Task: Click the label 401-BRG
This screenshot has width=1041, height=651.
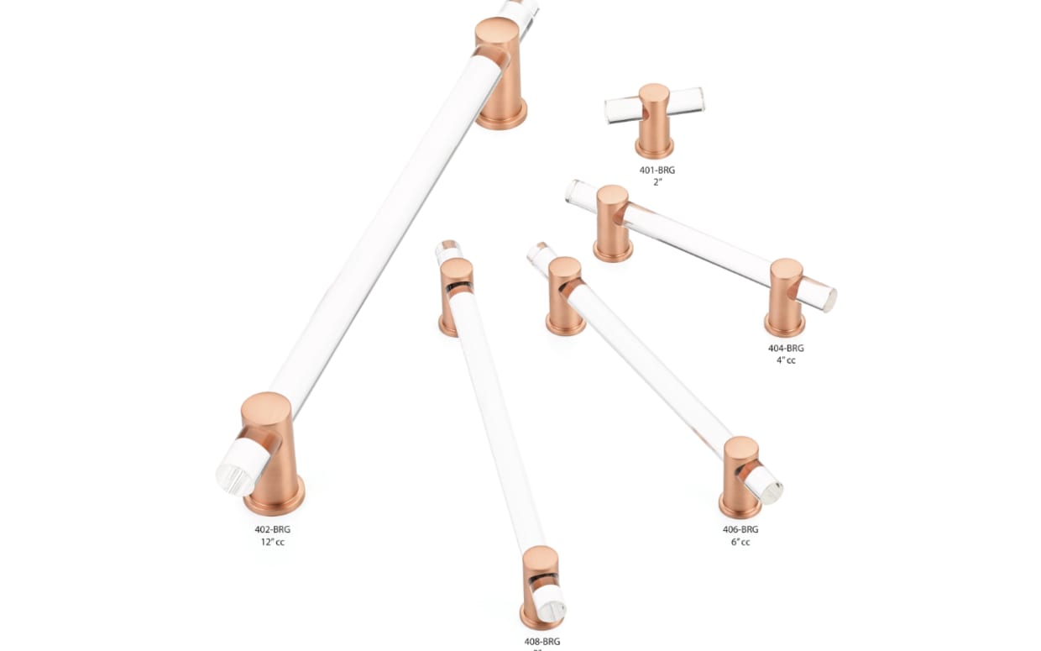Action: pyautogui.click(x=657, y=170)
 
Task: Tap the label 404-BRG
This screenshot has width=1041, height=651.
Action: pyautogui.click(x=785, y=348)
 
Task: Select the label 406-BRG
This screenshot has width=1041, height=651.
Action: pyautogui.click(x=740, y=529)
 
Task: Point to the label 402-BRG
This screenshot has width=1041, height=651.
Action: pyautogui.click(x=273, y=529)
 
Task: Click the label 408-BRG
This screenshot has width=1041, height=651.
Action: pyautogui.click(x=541, y=642)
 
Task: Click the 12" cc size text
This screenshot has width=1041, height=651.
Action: pyautogui.click(x=273, y=542)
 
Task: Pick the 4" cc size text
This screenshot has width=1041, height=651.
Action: pyautogui.click(x=785, y=360)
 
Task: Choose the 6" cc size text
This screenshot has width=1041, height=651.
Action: pyautogui.click(x=740, y=542)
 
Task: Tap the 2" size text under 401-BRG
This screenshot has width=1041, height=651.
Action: pyautogui.click(x=657, y=182)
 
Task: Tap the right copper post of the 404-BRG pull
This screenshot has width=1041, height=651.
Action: pyautogui.click(x=785, y=298)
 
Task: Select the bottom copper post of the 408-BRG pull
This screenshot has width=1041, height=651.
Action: pyautogui.click(x=540, y=588)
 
